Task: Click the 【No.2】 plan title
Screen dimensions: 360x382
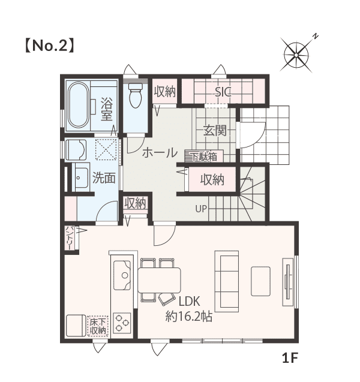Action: coord(49,46)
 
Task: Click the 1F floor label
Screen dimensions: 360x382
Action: coord(290,358)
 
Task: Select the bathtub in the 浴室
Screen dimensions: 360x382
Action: coord(79,104)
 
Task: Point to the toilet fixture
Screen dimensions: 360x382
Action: coord(136,95)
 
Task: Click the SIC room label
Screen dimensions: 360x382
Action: coord(223,92)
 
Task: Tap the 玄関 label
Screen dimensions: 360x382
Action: coord(215,131)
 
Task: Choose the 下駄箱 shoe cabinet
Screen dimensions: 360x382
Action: coord(204,157)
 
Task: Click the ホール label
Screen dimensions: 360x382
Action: coord(160,153)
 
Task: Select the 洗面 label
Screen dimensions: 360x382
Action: coord(104,178)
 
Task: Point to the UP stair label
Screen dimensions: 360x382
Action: coord(201,209)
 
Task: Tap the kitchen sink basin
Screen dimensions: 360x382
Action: coord(122,275)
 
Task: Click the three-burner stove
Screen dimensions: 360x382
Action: coord(122,323)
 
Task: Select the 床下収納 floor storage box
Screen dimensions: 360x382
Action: coord(98,326)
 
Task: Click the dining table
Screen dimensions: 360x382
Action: coord(159,280)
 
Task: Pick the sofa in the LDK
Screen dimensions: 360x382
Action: coord(226,281)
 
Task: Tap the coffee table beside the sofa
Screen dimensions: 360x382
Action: coord(260,281)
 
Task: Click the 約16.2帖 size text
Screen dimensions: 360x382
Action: coord(189,317)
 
